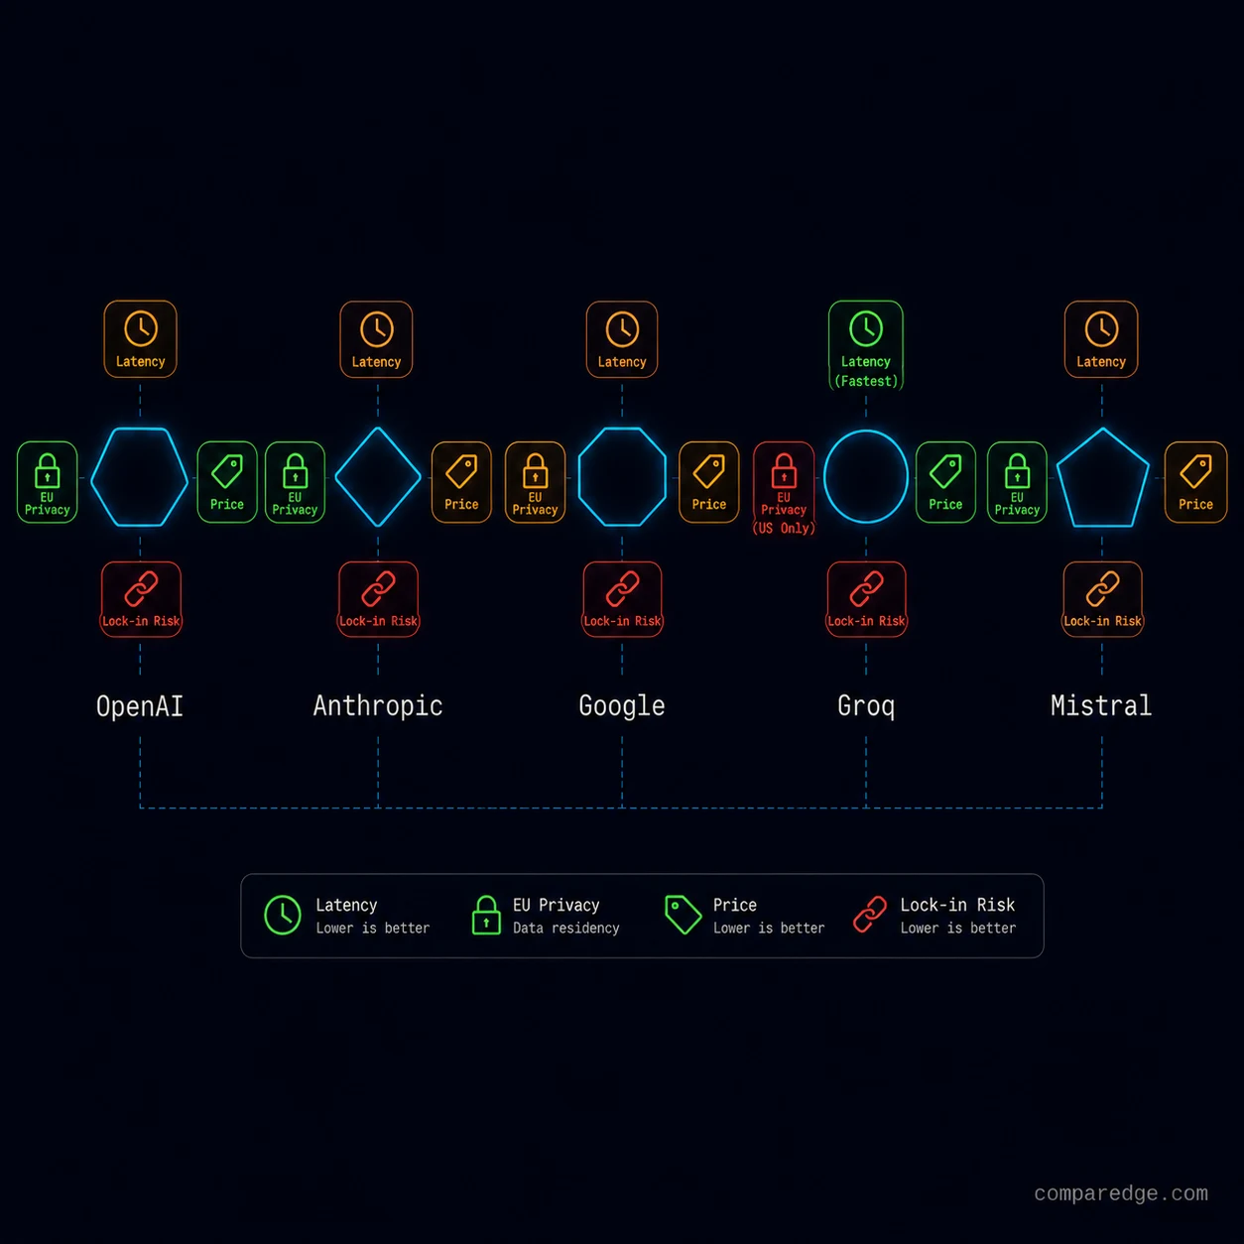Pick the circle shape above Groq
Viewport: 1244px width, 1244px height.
pos(825,476)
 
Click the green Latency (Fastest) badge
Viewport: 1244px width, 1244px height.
pos(866,345)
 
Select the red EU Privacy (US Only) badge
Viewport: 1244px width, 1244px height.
pos(784,489)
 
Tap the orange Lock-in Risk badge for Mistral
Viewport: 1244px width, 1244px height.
pos(1102,599)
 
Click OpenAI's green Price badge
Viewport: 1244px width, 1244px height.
pos(226,482)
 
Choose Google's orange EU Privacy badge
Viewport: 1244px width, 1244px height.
pos(535,482)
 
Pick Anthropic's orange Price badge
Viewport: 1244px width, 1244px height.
pos(461,482)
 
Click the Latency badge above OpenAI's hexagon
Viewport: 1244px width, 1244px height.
pos(140,339)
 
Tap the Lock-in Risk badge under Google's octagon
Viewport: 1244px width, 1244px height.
pos(622,599)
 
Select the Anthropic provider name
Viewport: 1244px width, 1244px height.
pos(378,706)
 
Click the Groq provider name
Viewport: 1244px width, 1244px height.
pos(866,706)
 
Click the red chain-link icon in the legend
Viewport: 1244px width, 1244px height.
pos(870,915)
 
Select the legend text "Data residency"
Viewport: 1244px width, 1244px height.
pos(566,929)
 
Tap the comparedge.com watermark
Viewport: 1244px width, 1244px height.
pos(1121,1193)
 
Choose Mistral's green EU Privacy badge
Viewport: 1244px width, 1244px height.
pos(1018,482)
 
